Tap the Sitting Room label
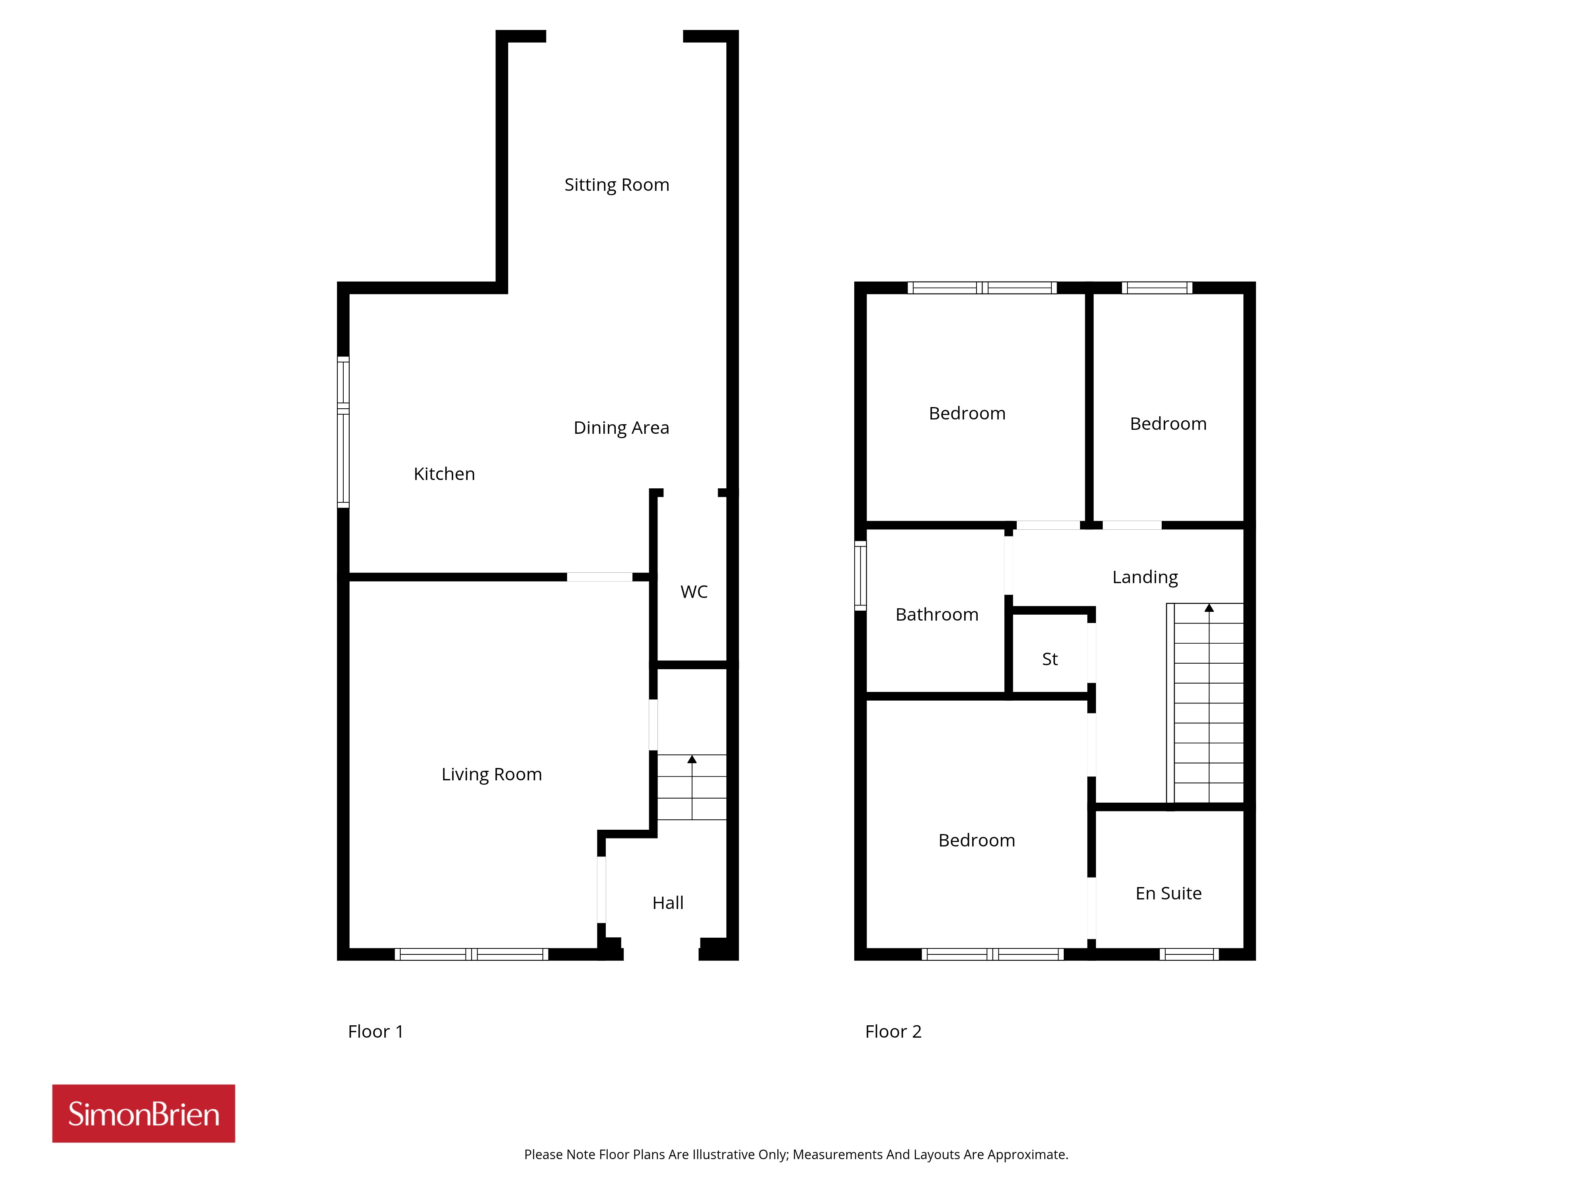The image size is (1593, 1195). pos(616,185)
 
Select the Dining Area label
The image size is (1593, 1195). pos(621,428)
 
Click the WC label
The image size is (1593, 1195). pos(693,592)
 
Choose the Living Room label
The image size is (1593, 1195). pos(491,774)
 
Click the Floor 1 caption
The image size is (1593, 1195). pos(375,1032)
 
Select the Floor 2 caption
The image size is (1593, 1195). pos(893,1032)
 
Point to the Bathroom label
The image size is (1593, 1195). pos(936,614)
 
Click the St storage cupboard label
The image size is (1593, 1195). pos(1049,659)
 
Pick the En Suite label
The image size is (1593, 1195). pos(1168,893)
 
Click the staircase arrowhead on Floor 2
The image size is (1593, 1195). pos(1209,608)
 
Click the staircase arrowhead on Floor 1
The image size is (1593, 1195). pos(692,759)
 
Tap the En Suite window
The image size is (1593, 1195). pos(1189,954)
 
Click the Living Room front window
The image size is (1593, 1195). pos(471,954)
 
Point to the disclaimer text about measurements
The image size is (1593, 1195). pos(796,1155)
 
